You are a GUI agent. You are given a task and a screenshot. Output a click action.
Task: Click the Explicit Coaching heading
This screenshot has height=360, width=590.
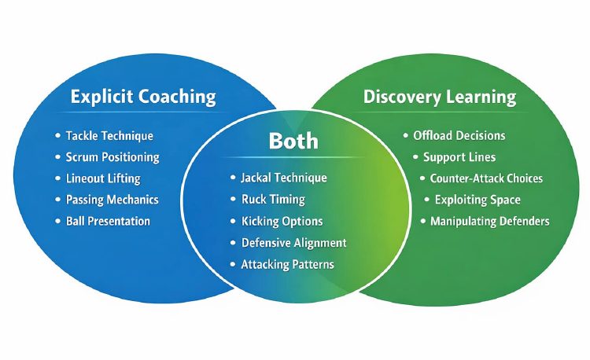[142, 97]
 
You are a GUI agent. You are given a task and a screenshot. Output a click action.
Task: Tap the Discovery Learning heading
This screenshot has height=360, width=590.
[440, 97]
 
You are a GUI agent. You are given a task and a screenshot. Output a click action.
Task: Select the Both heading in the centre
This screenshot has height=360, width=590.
[293, 141]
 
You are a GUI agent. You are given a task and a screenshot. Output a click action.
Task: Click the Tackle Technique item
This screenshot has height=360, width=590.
[109, 136]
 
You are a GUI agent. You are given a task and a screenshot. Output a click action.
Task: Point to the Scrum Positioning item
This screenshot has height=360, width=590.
[112, 157]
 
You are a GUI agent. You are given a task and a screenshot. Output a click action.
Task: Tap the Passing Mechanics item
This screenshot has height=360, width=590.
[112, 200]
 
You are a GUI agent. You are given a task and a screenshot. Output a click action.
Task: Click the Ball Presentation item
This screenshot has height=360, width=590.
[108, 221]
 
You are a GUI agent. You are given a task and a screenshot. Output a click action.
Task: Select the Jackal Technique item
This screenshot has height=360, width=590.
[284, 178]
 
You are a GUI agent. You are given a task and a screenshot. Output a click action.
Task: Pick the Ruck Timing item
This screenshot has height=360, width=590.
[273, 200]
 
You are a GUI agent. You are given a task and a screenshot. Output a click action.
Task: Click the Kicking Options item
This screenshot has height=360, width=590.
[282, 222]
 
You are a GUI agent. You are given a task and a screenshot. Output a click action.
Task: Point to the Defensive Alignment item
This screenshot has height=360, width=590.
[293, 243]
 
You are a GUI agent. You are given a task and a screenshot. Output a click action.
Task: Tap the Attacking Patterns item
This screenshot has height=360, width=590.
[287, 264]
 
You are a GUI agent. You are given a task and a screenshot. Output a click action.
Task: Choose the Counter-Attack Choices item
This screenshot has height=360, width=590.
[486, 178]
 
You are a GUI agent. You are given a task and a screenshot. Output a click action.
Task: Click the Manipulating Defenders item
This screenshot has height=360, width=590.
[489, 221]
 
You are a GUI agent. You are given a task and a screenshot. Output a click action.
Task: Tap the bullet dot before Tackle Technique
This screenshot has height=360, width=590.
[58, 137]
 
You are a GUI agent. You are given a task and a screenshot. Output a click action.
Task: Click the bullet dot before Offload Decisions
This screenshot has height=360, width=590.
[406, 136]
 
